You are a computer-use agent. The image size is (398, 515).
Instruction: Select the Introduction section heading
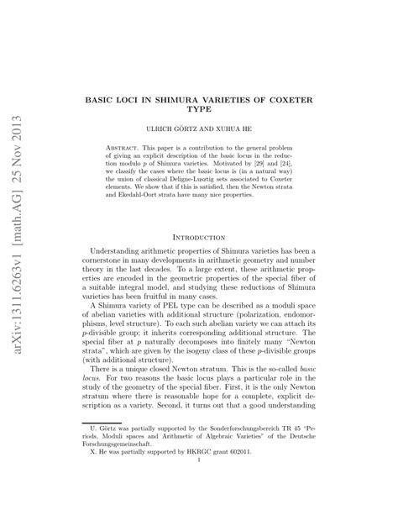(199, 239)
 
